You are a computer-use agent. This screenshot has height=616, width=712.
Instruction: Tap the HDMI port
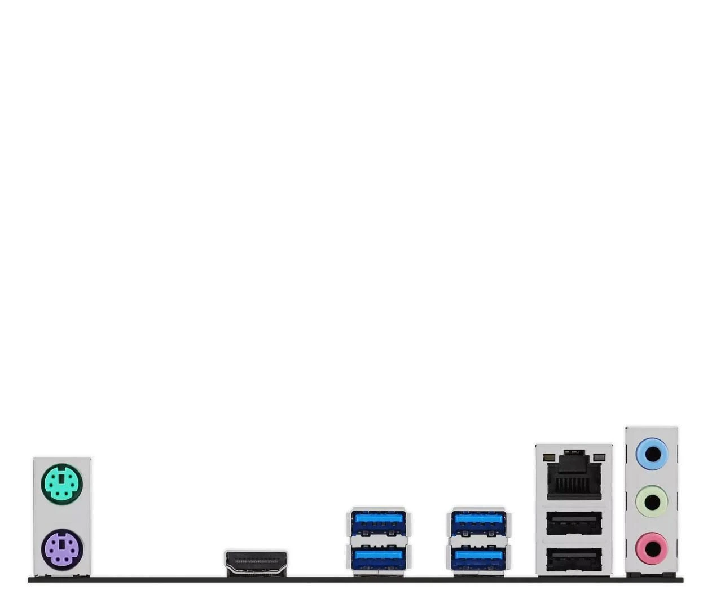click(x=256, y=563)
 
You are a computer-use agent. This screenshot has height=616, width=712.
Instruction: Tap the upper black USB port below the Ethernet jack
click(x=574, y=523)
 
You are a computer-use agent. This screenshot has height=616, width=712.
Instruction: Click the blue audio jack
click(x=652, y=454)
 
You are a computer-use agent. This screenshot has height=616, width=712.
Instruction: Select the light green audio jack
click(x=652, y=500)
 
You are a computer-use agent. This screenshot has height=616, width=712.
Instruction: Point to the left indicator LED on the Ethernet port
click(x=547, y=455)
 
